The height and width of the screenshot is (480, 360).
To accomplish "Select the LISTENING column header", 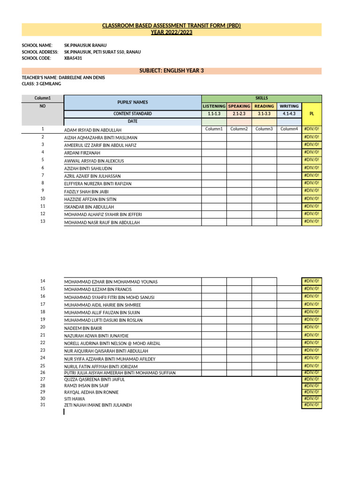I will click(x=214, y=106).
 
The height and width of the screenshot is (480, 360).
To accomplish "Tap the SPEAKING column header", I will click(x=239, y=106).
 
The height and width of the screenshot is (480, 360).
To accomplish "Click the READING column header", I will click(x=264, y=106).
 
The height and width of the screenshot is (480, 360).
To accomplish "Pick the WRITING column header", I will click(x=289, y=106).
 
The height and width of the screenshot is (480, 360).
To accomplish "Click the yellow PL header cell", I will click(x=312, y=114).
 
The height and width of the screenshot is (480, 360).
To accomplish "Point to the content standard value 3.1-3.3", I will click(x=264, y=114).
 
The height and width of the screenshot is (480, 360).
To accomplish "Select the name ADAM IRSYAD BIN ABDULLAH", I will click(x=93, y=130).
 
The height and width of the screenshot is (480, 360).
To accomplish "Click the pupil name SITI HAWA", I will click(x=75, y=398).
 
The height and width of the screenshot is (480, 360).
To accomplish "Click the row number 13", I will click(x=43, y=221).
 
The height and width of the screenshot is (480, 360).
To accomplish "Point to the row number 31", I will click(x=43, y=405).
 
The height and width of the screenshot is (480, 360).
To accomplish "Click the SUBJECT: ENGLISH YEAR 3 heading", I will click(x=172, y=71).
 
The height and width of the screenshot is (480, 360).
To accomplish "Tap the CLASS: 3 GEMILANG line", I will click(x=41, y=84).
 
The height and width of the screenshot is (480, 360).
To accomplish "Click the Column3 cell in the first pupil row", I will click(x=264, y=129).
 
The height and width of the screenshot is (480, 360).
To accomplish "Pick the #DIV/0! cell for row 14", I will click(x=312, y=281).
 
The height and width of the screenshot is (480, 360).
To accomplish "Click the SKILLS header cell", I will click(x=262, y=98).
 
